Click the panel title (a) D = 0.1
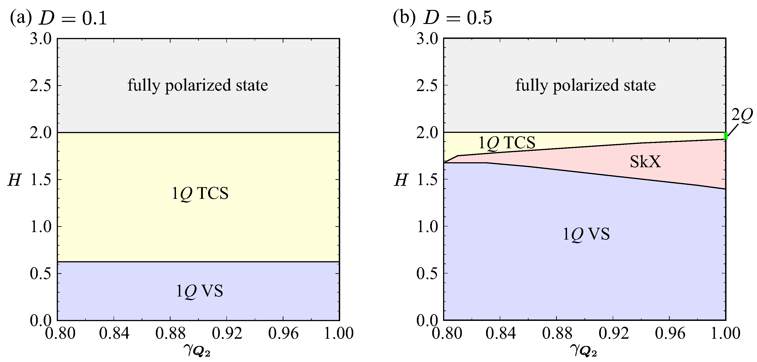(58, 18)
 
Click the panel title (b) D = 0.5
(442, 18)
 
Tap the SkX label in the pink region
(645, 162)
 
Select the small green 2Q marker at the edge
(726, 136)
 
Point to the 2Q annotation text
(742, 115)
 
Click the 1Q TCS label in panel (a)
(200, 193)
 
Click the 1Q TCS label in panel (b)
(507, 143)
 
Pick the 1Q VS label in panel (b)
(586, 234)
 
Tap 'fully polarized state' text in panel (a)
(197, 85)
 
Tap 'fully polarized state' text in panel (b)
(585, 85)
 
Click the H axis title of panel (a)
(14, 180)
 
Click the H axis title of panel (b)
(401, 180)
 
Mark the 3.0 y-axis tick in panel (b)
(427, 39)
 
